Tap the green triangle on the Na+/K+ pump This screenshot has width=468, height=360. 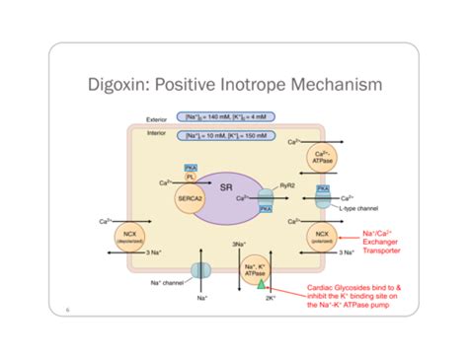click(x=262, y=283)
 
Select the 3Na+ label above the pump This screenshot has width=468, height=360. click(x=239, y=243)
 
